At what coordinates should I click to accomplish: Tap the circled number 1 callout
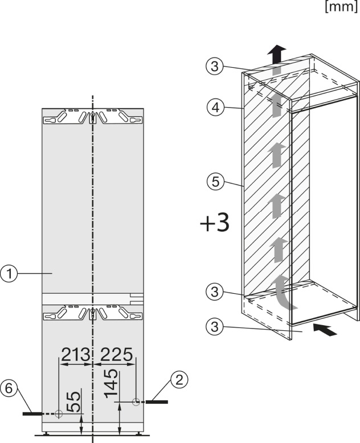[x=9, y=273]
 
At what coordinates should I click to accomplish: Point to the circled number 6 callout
[x=9, y=388]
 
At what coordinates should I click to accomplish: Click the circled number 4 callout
[x=215, y=108]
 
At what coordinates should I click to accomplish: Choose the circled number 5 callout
[x=215, y=182]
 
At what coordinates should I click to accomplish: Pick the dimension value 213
[x=76, y=355]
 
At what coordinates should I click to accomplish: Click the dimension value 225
[x=116, y=355]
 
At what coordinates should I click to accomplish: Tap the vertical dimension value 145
[x=111, y=383]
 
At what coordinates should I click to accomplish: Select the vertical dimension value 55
[x=73, y=401]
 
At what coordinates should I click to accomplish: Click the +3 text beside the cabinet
[x=215, y=223]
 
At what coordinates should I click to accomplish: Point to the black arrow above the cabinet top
[x=276, y=55]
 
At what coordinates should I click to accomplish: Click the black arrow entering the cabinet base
[x=325, y=330]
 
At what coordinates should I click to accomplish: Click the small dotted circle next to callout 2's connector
[x=136, y=402]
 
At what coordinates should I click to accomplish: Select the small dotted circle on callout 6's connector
[x=59, y=414]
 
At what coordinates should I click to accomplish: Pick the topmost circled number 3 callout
[x=215, y=67]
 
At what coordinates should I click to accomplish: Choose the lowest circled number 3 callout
[x=215, y=327]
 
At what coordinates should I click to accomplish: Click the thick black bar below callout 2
[x=157, y=402]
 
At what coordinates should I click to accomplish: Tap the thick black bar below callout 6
[x=33, y=414]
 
